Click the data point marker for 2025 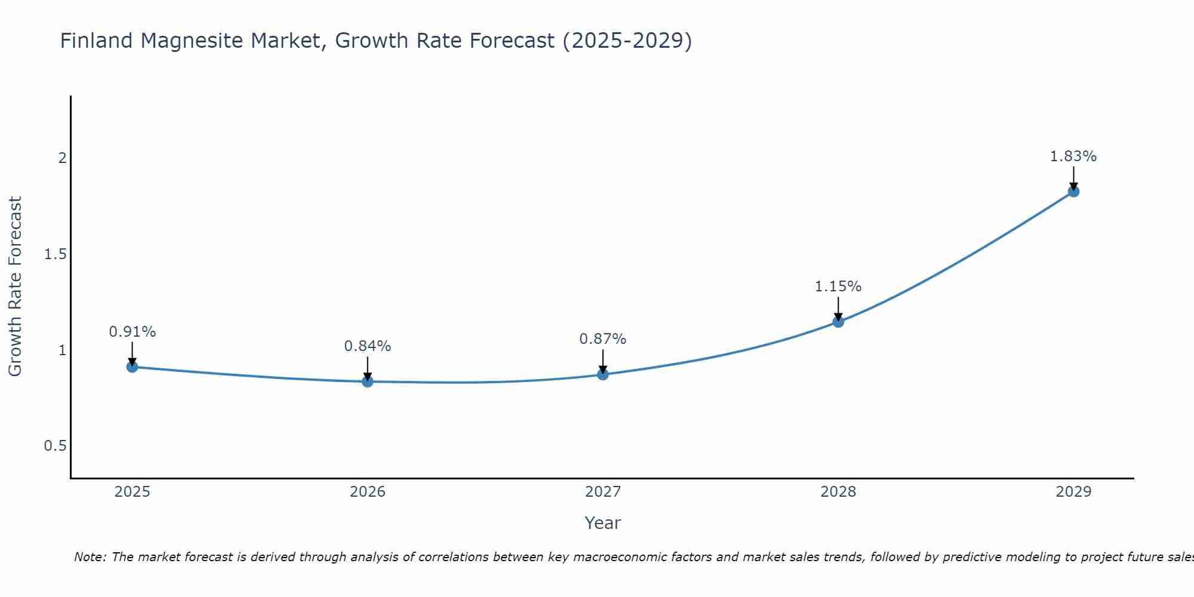pyautogui.click(x=133, y=367)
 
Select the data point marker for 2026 pyautogui.click(x=368, y=381)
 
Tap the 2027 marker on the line pyautogui.click(x=603, y=374)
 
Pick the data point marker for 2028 pyautogui.click(x=838, y=322)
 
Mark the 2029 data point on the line pyautogui.click(x=1073, y=192)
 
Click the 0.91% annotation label pyautogui.click(x=133, y=332)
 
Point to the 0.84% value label pyautogui.click(x=368, y=346)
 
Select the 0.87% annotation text pyautogui.click(x=603, y=339)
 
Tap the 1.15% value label pyautogui.click(x=838, y=287)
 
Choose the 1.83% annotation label pyautogui.click(x=1073, y=156)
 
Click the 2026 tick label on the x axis pyautogui.click(x=368, y=492)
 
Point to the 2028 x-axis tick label pyautogui.click(x=838, y=492)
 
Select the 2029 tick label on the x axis pyautogui.click(x=1073, y=492)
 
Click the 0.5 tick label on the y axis pyautogui.click(x=56, y=447)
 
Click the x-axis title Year pyautogui.click(x=603, y=523)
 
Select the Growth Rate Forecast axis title pyautogui.click(x=16, y=287)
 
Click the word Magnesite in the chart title pyautogui.click(x=287, y=41)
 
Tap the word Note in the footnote pyautogui.click(x=90, y=557)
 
